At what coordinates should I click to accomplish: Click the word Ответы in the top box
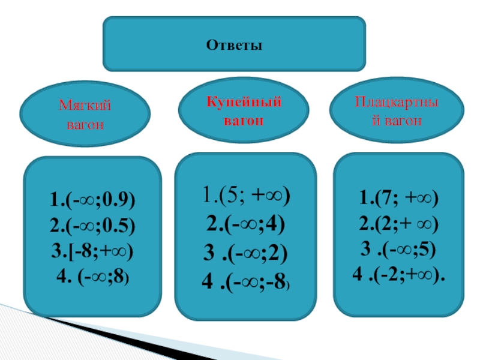pos(235,45)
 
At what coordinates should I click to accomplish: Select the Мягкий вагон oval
pos(85,114)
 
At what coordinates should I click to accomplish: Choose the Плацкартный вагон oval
pos(397,111)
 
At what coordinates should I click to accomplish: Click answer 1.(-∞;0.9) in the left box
pos(93,199)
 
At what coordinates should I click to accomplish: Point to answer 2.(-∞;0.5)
pos(93,225)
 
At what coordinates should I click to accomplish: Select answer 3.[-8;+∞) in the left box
pos(93,251)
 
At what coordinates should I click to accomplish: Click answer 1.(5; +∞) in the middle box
pos(245,196)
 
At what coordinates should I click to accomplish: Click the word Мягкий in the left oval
pos(85,106)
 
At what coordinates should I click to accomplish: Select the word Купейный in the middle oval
pos(244,101)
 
